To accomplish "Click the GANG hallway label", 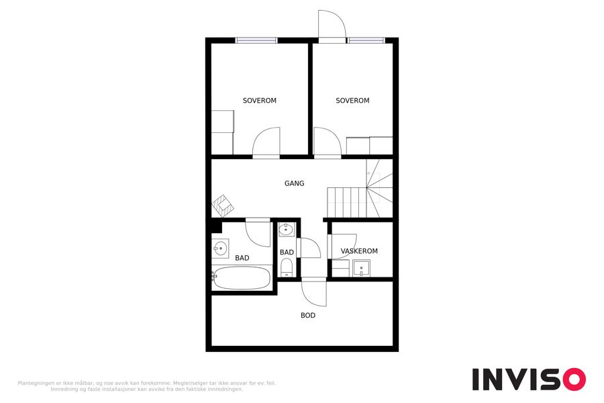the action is pos(295,183).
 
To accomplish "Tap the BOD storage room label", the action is pos(308,316).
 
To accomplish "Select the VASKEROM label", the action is pos(359,251).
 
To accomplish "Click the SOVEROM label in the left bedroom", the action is pos(259,101).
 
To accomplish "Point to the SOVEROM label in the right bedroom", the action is pos(352,101).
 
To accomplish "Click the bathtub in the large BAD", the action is pos(242,278).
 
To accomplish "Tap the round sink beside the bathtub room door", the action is pos(220,249).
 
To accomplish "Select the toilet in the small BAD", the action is pos(287,267).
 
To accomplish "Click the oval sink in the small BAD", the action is pos(286,230).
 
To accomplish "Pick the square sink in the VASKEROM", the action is pos(361,268).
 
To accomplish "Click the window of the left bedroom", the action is pos(256,40).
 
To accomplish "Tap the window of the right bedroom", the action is pos(366,40).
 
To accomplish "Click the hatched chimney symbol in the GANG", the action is pos(223,206).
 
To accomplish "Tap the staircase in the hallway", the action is pos(360,189).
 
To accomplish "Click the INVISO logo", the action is pos(529,379).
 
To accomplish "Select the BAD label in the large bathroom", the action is pos(242,258).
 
